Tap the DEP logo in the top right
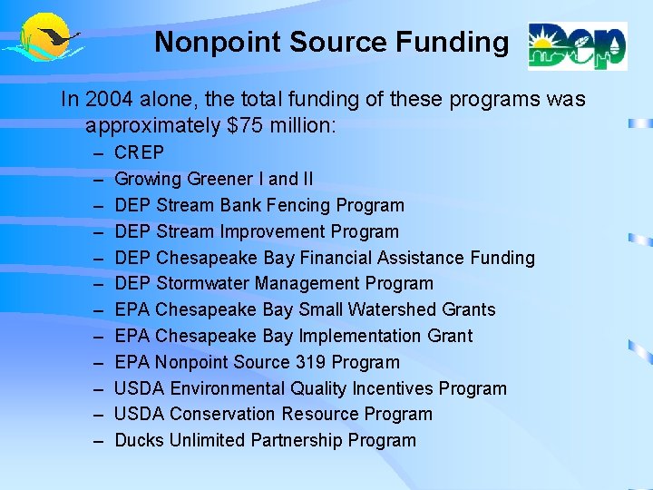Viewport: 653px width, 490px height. pos(577,45)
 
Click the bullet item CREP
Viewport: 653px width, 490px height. pos(140,153)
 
